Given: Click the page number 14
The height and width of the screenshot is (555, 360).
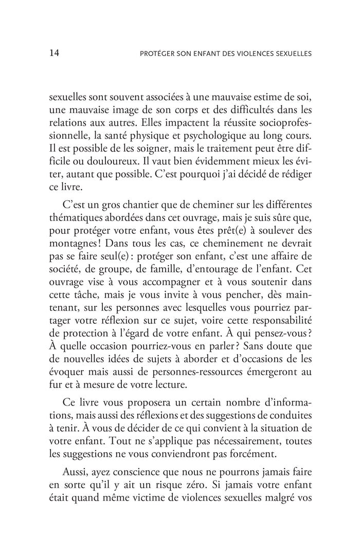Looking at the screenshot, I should [56, 52].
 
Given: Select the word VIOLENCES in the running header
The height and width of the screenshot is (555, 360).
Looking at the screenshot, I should [251, 53].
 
